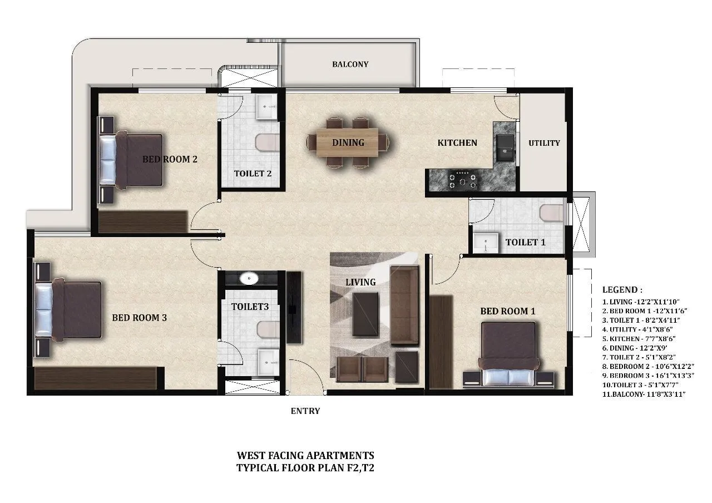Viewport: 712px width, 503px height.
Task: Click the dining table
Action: click(348, 142)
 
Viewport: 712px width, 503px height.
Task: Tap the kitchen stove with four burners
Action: click(463, 180)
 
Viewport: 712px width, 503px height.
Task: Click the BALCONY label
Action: click(350, 64)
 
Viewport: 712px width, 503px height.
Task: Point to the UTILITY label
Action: click(544, 143)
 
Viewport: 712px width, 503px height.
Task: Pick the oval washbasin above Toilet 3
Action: click(249, 278)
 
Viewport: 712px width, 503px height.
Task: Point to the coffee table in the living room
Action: click(365, 314)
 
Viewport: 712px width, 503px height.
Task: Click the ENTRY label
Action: click(305, 411)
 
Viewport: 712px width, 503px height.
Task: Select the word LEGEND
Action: click(622, 290)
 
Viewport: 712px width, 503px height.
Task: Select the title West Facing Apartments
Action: click(305, 456)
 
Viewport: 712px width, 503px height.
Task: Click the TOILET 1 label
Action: click(525, 242)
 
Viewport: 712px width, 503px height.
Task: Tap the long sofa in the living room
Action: click(404, 305)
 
